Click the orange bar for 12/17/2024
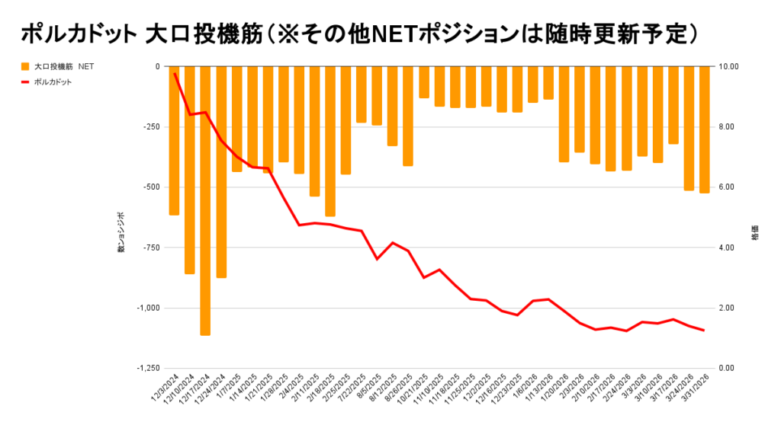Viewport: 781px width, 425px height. tap(205, 200)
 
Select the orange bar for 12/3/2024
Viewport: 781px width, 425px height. tap(174, 140)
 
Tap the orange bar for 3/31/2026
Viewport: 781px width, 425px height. tap(704, 129)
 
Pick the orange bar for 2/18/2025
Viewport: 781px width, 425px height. tap(330, 141)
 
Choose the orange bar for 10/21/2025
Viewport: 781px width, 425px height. tap(424, 82)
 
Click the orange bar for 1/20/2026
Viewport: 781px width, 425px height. tap(564, 114)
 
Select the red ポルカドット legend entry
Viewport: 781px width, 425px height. tap(53, 81)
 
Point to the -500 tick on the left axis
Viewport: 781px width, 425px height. tap(149, 187)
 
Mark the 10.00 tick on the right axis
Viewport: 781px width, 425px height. tap(729, 67)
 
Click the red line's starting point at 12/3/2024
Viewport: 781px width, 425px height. tap(175, 73)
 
